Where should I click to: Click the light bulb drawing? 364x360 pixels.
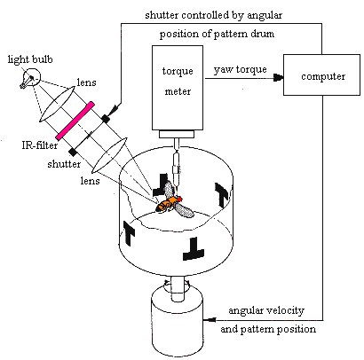(x=30, y=78)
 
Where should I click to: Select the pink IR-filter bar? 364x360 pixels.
(x=75, y=121)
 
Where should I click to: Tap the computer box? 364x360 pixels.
(x=321, y=74)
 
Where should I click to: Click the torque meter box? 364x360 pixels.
(x=178, y=88)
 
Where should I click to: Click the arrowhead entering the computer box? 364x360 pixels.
(x=279, y=78)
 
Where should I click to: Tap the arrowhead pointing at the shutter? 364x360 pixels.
(x=115, y=109)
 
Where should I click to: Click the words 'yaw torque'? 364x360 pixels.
(x=240, y=70)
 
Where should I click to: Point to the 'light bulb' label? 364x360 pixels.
(x=30, y=59)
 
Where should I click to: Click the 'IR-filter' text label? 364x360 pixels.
(x=40, y=145)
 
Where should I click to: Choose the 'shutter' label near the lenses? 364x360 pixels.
(x=64, y=164)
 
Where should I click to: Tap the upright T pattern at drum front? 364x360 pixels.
(x=194, y=248)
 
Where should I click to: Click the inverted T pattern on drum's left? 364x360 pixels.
(x=128, y=232)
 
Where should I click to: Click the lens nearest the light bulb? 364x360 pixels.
(x=57, y=104)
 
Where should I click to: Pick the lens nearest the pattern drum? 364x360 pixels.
(x=109, y=155)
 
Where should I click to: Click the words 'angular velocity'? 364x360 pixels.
(x=266, y=310)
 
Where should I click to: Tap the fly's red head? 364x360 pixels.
(x=178, y=199)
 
